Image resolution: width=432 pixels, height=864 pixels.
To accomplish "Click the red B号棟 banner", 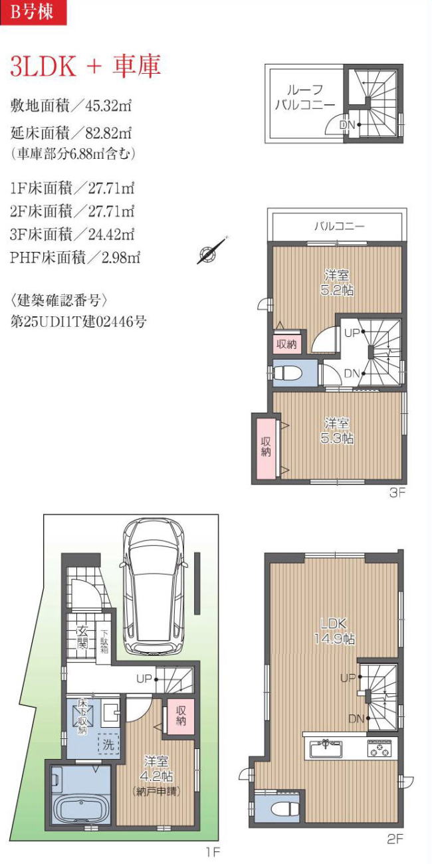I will [x=33, y=13].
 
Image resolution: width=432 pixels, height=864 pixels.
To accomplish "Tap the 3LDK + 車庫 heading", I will [x=85, y=66].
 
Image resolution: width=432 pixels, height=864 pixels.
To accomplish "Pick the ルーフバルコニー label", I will [x=305, y=97].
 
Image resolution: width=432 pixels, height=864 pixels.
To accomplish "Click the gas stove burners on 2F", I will [x=379, y=748].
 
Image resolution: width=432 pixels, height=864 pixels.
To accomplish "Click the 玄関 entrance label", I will [x=82, y=637].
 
